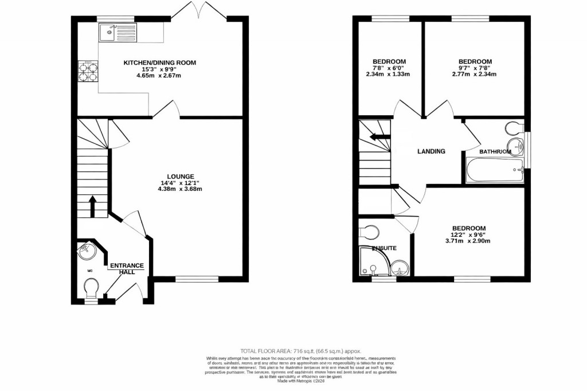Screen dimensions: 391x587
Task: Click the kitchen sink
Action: [118, 33]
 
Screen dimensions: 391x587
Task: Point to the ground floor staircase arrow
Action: [92, 206]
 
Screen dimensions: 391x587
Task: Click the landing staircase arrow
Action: [379, 136]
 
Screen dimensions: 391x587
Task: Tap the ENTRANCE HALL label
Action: [127, 268]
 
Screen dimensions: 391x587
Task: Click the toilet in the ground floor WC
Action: [91, 286]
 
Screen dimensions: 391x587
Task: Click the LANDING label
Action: [431, 151]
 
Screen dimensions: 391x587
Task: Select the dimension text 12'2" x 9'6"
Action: [468, 234]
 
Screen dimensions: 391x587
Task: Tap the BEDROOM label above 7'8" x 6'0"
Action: [389, 62]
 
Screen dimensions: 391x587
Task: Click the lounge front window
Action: [197, 279]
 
